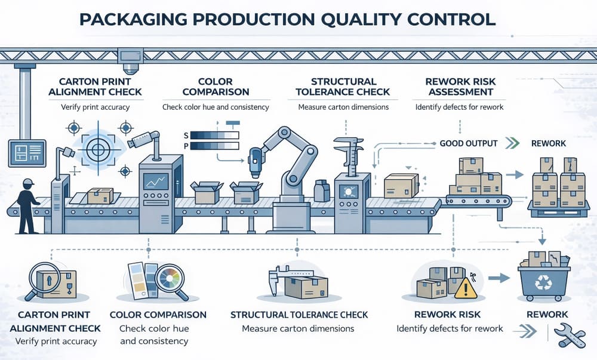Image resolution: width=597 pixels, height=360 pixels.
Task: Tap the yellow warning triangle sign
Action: tap(466, 290)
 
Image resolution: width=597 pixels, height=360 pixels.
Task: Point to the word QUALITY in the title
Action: tap(361, 19)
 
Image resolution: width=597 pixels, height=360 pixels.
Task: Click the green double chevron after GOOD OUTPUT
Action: tap(511, 144)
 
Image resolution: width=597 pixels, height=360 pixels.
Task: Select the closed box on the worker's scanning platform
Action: tap(100, 195)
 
